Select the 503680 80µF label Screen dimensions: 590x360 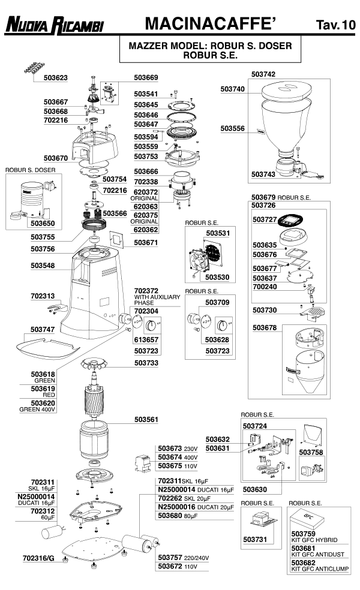[x=182, y=515]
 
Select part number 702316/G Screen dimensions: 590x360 [x=38, y=558]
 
